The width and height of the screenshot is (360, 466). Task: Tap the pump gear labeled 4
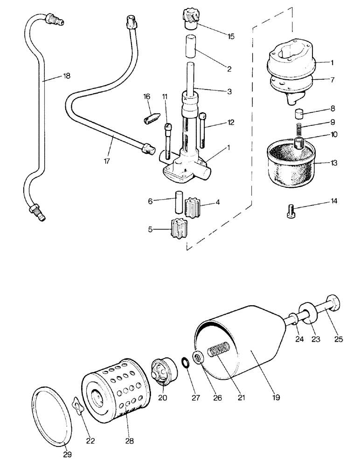(x=193, y=206)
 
